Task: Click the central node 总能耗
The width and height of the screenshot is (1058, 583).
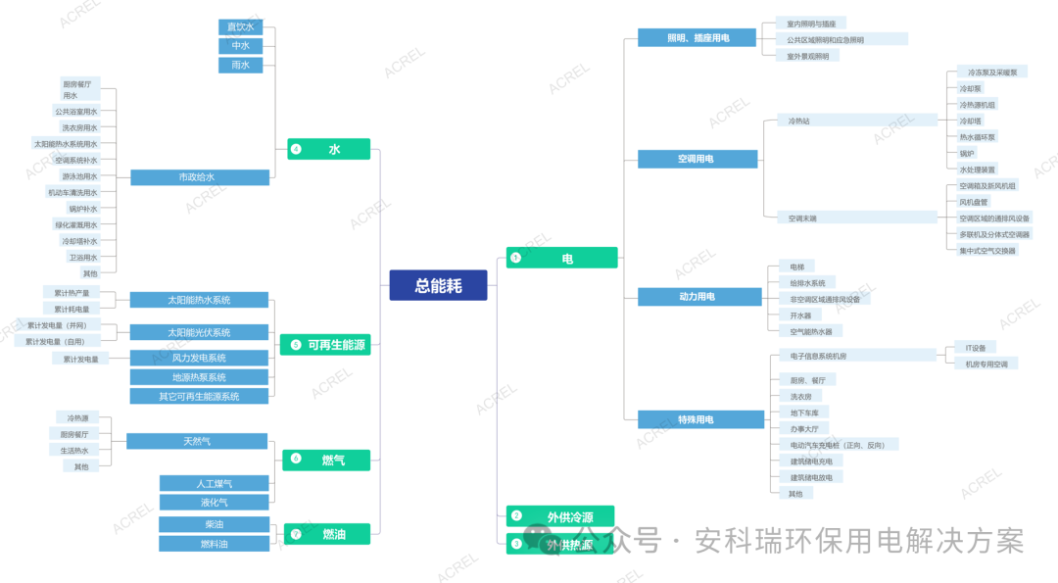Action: (438, 285)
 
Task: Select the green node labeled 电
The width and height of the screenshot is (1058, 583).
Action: (567, 259)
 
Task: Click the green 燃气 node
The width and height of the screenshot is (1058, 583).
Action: (333, 460)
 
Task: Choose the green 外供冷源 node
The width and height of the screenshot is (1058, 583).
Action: (569, 516)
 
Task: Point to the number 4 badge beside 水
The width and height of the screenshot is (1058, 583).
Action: (296, 150)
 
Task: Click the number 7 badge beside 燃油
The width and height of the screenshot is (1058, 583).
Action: (296, 534)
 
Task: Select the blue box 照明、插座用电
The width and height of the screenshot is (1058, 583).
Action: (697, 38)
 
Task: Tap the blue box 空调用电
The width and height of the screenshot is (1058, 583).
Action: (697, 159)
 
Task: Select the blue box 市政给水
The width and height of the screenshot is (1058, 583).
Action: (199, 177)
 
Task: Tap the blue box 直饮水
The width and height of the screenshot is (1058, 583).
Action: (240, 27)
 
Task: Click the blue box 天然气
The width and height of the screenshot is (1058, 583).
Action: (197, 442)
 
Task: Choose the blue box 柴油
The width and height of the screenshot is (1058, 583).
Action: (214, 524)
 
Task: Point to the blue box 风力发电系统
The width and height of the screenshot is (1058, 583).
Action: (199, 359)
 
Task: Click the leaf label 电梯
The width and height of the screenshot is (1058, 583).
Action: (796, 267)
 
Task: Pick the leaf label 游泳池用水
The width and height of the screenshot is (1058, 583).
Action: (79, 176)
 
